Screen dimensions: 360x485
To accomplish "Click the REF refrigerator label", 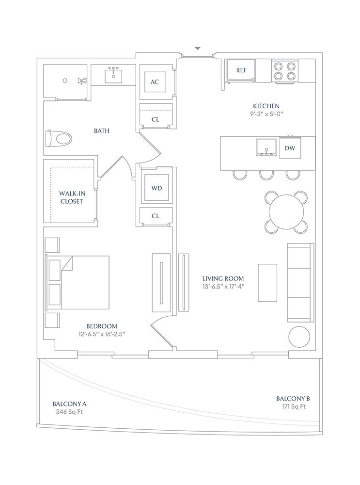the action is [x=241, y=70].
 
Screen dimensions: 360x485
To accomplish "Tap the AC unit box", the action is [x=155, y=81].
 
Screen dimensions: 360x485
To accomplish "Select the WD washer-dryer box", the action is [x=157, y=188].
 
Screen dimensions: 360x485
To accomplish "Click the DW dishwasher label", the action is [x=290, y=148].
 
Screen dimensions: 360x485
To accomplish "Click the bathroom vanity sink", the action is [x=113, y=76].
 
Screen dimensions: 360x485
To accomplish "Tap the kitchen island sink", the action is [x=266, y=147].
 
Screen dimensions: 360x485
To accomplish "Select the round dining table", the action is [x=286, y=212].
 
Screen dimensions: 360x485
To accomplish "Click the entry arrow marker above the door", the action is [x=198, y=48].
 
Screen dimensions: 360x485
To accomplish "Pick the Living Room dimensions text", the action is [x=223, y=287].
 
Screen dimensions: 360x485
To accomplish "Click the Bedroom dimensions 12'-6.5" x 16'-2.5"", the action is [x=102, y=334].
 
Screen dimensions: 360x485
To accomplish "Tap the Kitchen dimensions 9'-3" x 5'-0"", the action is [x=266, y=114].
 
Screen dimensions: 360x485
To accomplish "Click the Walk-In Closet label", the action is [x=72, y=197].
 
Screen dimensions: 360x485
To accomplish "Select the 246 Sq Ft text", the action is [x=69, y=412].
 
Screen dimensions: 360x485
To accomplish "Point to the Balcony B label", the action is [x=293, y=399].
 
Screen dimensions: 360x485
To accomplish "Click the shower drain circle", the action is [x=65, y=81].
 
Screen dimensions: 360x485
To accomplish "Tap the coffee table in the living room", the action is [x=267, y=282].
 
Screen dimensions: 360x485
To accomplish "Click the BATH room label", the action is [x=102, y=131].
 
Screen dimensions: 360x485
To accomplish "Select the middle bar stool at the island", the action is [x=266, y=175].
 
